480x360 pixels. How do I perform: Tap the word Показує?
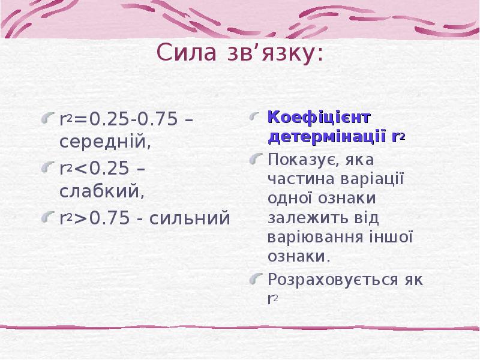point(303,159)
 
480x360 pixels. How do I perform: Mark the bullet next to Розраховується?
point(256,279)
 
